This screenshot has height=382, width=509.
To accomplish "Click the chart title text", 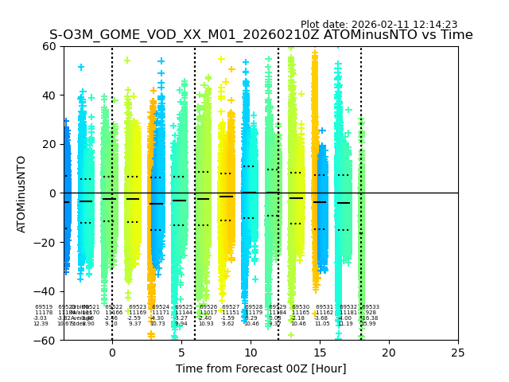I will (261, 35).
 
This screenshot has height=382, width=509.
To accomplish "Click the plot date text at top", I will (379, 25).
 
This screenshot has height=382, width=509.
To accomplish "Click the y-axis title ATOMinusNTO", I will (22, 193).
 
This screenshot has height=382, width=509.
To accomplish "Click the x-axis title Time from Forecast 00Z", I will (261, 368).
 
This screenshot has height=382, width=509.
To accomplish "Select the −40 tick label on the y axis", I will (48, 291).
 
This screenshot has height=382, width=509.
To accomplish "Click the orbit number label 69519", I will (44, 307).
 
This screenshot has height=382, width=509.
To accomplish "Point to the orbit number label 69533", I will (371, 307).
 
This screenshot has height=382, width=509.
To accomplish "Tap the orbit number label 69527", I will (231, 307).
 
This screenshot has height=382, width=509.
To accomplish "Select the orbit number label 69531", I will (324, 307).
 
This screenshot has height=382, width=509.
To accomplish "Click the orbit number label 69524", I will (161, 307).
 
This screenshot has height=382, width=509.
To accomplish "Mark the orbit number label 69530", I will (301, 307).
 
